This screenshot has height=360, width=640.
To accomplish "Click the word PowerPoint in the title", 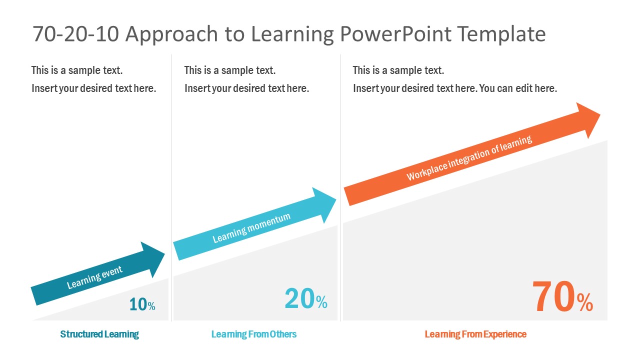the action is click(x=395, y=34).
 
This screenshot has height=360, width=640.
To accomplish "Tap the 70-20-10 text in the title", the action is click(x=75, y=34).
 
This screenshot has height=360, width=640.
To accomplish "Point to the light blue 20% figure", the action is click(x=306, y=298).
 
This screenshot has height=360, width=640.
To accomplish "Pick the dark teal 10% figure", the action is click(x=142, y=304).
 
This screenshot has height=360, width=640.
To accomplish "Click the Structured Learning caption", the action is click(x=99, y=334).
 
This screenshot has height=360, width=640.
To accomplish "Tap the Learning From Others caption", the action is click(x=253, y=334).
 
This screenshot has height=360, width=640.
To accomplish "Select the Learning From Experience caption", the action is click(x=475, y=334).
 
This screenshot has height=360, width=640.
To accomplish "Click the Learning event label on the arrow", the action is click(x=94, y=277).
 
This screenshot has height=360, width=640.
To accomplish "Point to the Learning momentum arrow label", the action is click(x=251, y=227).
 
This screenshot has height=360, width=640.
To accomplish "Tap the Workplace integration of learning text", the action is click(x=469, y=157).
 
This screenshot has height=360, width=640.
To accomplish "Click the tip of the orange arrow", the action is click(x=600, y=114).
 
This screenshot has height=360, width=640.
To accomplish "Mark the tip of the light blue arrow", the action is click(x=336, y=199).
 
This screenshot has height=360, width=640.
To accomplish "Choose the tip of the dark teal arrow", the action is click(x=165, y=253).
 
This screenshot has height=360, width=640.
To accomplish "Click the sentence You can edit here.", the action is click(x=518, y=88).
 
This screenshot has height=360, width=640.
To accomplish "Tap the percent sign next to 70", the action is click(x=585, y=302).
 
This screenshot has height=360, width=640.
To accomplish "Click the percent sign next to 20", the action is click(x=321, y=301).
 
